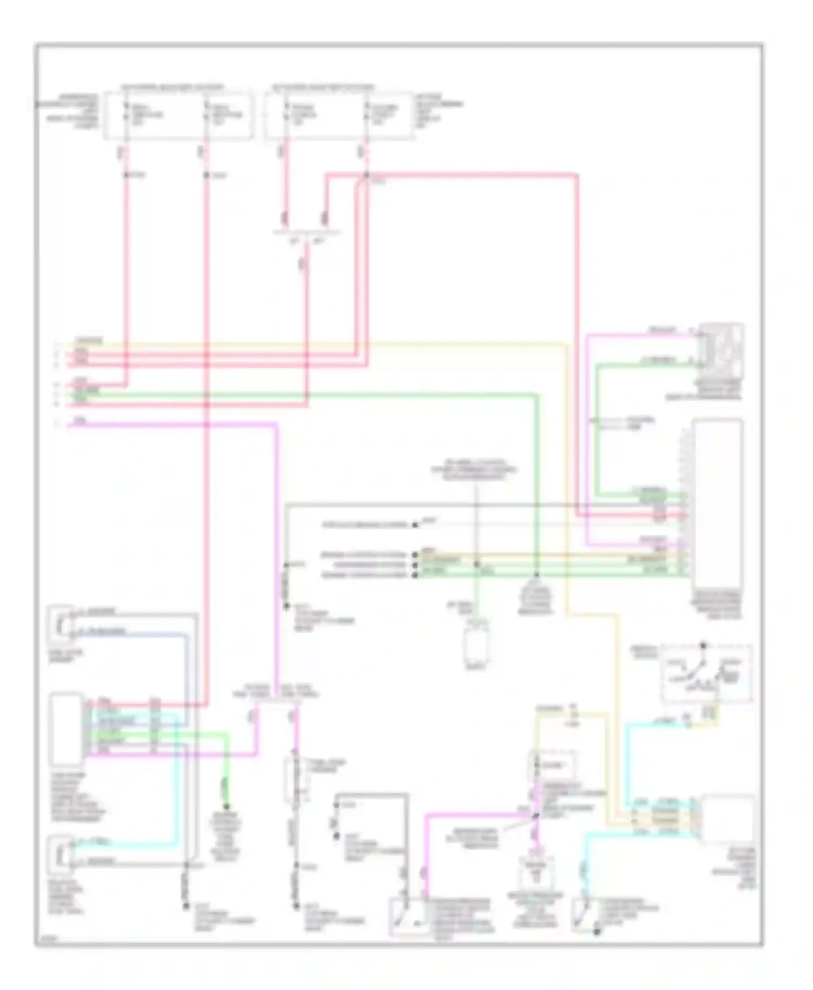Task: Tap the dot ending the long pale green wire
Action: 537,575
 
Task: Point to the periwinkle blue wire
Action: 188,677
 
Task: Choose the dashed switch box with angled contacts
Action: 706,673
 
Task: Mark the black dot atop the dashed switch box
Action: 703,646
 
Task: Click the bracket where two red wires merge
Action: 306,233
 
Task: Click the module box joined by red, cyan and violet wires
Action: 66,728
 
